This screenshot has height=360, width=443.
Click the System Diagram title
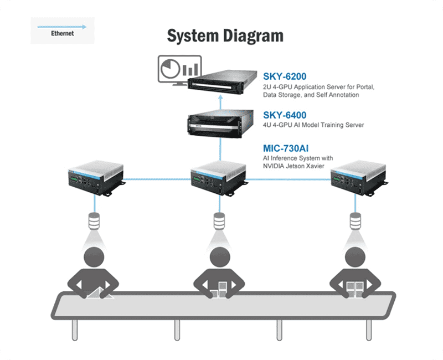(225, 36)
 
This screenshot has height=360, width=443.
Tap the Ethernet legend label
(62, 33)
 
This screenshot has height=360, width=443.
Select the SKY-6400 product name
(285, 115)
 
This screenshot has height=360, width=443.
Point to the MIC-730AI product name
(286, 148)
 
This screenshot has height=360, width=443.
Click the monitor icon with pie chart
(178, 71)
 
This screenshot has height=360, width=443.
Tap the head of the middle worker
(220, 258)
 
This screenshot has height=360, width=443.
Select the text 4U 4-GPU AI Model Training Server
(313, 125)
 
